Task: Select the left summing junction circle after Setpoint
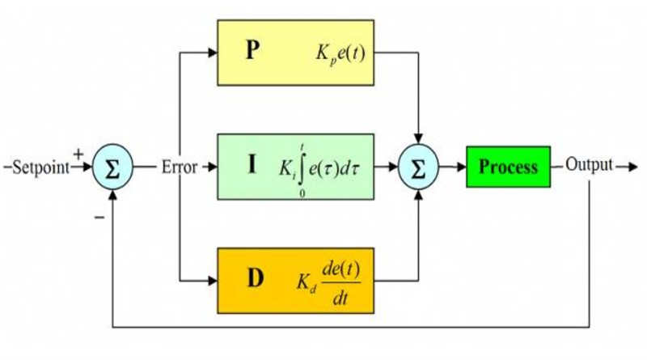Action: pos(114,167)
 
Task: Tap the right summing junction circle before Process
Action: pos(418,167)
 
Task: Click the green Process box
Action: pos(508,167)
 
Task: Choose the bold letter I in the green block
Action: pos(252,166)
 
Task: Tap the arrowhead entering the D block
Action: pos(213,280)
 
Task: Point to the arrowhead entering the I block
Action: pos(213,167)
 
